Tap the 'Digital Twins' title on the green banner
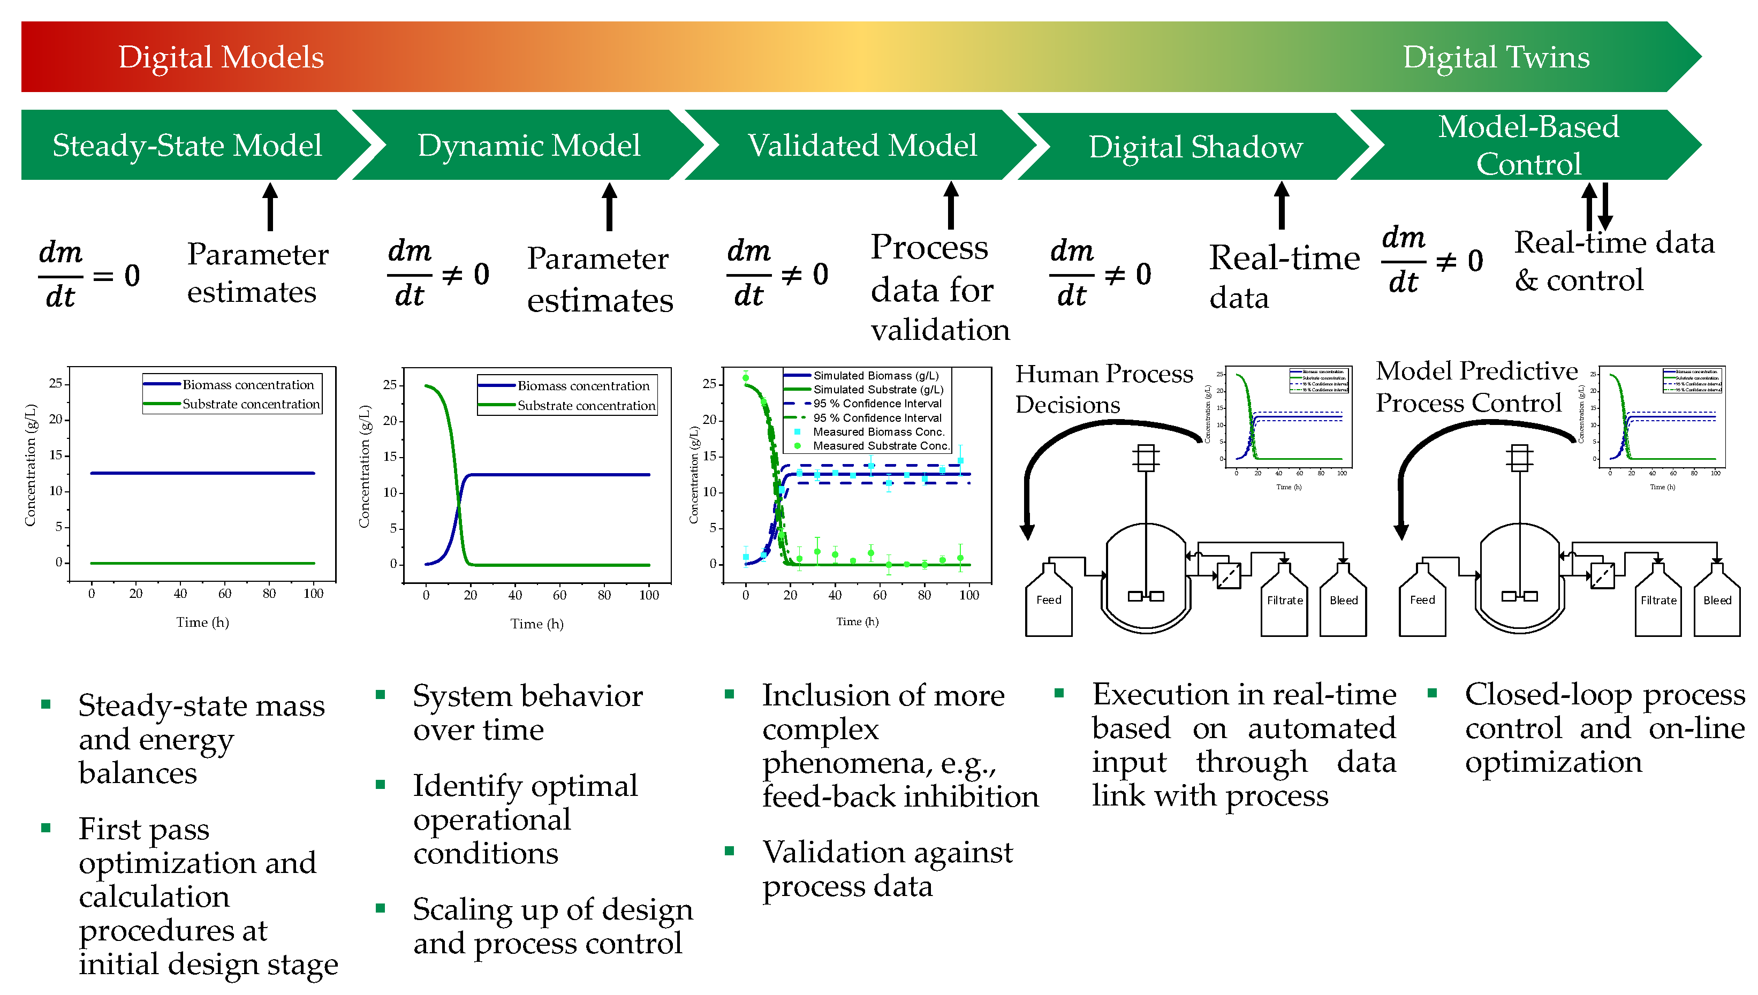(x=1496, y=57)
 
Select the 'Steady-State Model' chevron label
(x=187, y=146)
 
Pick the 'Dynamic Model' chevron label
(x=528, y=146)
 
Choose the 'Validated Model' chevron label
(x=862, y=146)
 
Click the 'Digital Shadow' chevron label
(x=1195, y=148)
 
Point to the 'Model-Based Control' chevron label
(x=1528, y=146)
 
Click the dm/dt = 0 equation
(x=89, y=275)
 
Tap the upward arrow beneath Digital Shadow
(x=1282, y=206)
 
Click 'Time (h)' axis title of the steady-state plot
(x=202, y=622)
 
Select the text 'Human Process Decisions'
(x=1103, y=389)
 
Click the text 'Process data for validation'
(x=939, y=288)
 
